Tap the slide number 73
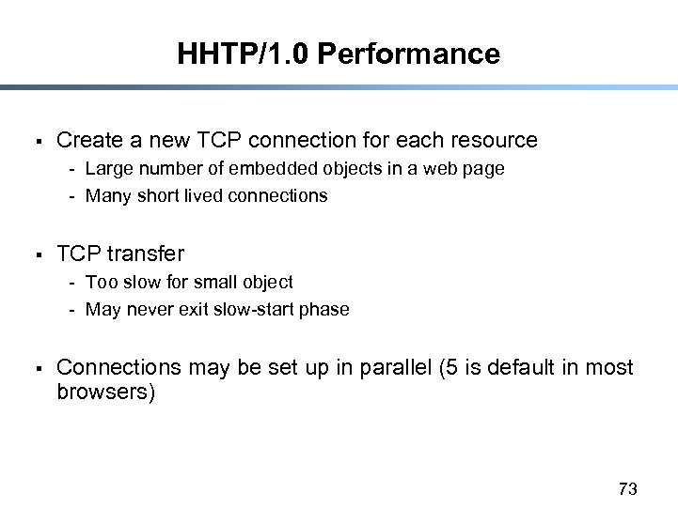click(x=628, y=488)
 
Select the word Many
click(x=106, y=196)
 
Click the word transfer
click(x=146, y=254)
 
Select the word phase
click(x=325, y=310)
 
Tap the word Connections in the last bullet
click(x=118, y=367)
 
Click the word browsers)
click(x=105, y=392)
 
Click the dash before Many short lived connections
click(x=71, y=196)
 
